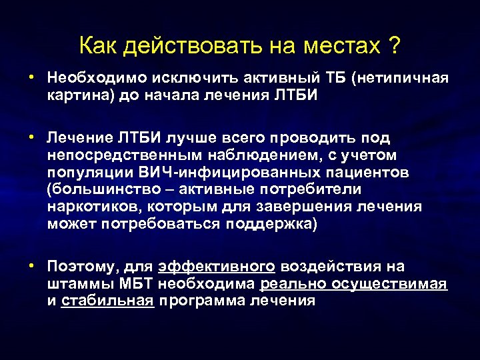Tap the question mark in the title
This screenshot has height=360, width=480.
point(395,47)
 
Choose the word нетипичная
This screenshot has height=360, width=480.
point(404,79)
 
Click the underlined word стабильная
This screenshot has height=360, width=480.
point(108,301)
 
